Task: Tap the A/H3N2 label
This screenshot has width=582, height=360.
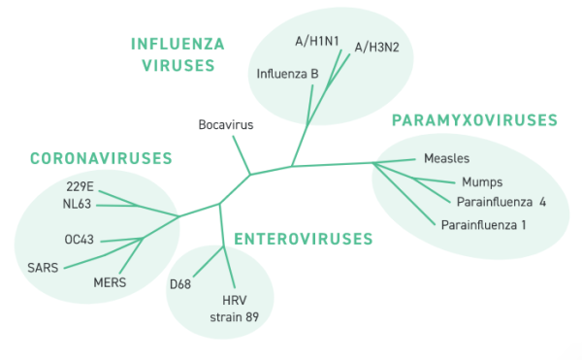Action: [375, 46]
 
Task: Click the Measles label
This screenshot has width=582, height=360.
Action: [447, 158]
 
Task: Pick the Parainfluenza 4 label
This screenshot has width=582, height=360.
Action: [499, 202]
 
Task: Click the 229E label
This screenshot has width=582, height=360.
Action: [80, 186]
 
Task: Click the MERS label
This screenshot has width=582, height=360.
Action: [110, 282]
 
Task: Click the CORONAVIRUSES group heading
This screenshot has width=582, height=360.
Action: [101, 158]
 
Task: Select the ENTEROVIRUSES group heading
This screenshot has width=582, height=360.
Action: [303, 239]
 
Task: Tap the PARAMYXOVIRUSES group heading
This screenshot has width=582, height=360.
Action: [474, 120]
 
